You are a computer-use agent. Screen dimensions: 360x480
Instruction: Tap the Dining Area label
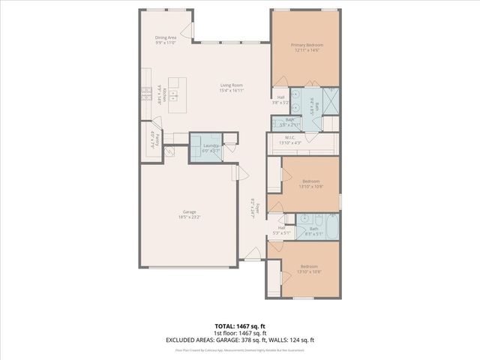[x=166, y=37]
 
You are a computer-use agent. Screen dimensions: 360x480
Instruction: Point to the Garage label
[x=189, y=211]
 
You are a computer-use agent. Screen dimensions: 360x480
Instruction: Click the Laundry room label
[x=211, y=145]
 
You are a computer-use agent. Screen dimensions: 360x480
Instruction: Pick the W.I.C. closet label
[x=289, y=137]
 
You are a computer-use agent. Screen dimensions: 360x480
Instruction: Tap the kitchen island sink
[x=172, y=94]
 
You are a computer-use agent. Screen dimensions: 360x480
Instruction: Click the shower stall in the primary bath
[x=331, y=98]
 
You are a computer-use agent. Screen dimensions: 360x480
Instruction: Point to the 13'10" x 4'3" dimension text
[x=289, y=142]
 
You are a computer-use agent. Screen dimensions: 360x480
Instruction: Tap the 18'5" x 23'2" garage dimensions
[x=189, y=217]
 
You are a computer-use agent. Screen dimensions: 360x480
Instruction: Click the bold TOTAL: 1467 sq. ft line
[x=240, y=326]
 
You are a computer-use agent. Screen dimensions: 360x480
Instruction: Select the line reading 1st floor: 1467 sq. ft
[x=240, y=333]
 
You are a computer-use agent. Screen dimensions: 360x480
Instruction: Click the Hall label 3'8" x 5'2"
[x=280, y=100]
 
